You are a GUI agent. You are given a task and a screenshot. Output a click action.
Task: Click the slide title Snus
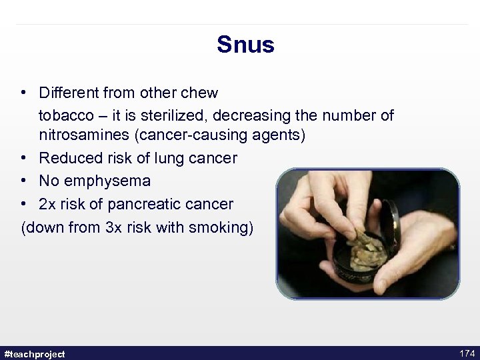click(x=245, y=45)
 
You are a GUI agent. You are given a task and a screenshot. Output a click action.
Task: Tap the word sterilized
click(x=179, y=115)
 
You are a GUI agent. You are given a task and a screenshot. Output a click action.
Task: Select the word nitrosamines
click(x=84, y=135)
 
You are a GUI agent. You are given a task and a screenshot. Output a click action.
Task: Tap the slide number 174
click(x=467, y=353)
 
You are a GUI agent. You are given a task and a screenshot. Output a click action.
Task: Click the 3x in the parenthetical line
click(x=114, y=227)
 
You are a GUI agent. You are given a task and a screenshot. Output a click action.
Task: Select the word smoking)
click(x=220, y=227)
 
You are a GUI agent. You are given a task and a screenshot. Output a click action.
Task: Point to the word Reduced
click(x=69, y=158)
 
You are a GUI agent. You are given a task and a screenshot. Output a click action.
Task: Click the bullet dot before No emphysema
click(x=24, y=181)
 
